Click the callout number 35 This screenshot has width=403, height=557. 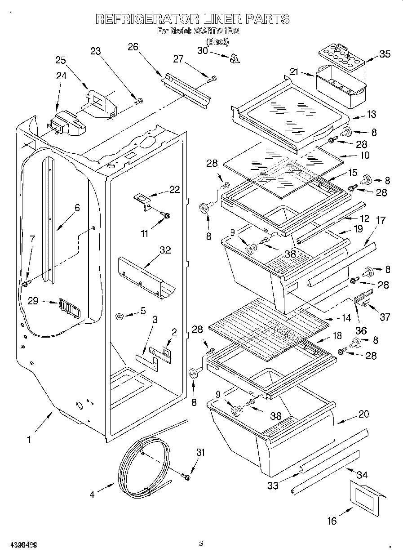coord(385,54)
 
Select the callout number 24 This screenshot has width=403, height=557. coord(61,76)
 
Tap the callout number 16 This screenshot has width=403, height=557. coord(332,521)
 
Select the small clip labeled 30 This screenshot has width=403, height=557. coord(235,58)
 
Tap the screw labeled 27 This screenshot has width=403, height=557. coord(212,79)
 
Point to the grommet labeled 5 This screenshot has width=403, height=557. coord(120,317)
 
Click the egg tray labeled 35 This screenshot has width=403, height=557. coord(341,56)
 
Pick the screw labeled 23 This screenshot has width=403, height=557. coord(138,101)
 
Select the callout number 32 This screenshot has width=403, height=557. coord(165,250)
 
